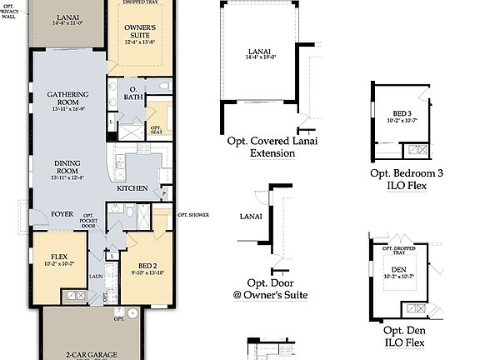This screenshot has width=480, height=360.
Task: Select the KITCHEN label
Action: [x=132, y=188]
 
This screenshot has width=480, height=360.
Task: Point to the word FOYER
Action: [x=61, y=213]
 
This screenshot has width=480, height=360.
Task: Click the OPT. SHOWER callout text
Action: [x=192, y=215]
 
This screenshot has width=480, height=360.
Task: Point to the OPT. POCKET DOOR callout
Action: [x=90, y=221]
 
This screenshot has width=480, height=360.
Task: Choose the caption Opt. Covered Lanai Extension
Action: [x=261, y=147]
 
